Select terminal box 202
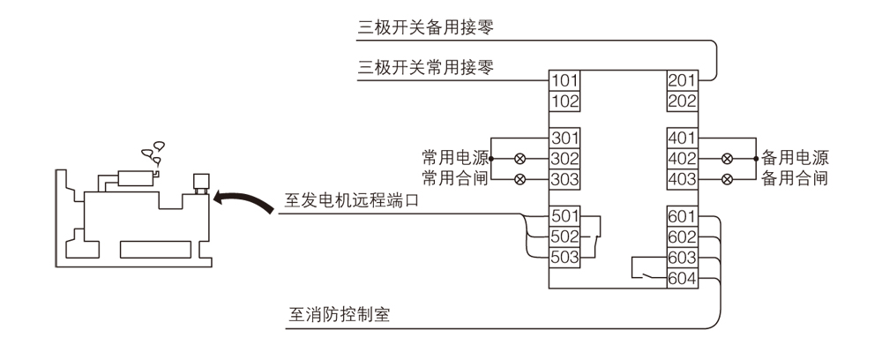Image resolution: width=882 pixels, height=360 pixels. pos(682,101)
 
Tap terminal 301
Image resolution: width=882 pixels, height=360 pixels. pos(564,139)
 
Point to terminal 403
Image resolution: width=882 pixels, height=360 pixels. pos(682,179)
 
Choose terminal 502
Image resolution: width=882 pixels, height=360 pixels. pos(564,236)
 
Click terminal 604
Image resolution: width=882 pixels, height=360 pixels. pos(682,279)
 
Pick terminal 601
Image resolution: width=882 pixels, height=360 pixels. pos(682,216)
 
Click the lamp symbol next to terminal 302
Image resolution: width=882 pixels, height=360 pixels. pos(519,159)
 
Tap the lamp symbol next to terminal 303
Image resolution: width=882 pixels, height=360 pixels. pos(519,179)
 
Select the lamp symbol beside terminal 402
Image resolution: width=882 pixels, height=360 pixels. pos(727,159)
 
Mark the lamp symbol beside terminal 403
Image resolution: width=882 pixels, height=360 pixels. pos(727,179)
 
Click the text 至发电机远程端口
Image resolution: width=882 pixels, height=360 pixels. pos(351,201)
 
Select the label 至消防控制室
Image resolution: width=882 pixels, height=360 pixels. pos(340,315)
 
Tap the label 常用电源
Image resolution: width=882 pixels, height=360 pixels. pos(454,159)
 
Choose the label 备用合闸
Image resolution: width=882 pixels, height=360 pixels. pos(794,179)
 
